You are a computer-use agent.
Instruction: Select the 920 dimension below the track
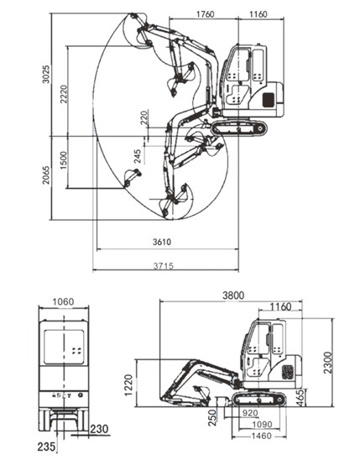pyautogui.click(x=250, y=413)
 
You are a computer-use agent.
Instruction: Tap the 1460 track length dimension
pyautogui.click(x=262, y=436)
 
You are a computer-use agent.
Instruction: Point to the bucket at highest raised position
pyautogui.click(x=136, y=30)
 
